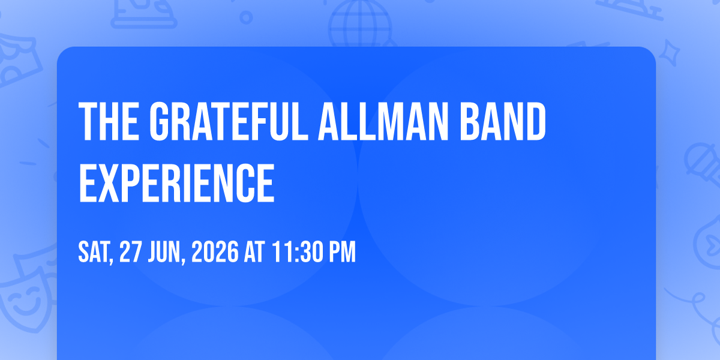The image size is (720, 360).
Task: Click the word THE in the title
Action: [x=109, y=121]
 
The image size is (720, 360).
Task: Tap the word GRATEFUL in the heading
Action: [x=229, y=121]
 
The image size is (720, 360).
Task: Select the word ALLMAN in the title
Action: [x=383, y=121]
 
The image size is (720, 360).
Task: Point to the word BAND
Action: [x=503, y=121]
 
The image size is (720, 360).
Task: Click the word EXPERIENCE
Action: [x=176, y=183]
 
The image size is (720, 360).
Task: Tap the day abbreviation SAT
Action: [x=95, y=253]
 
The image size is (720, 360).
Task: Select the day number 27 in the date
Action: [x=131, y=252]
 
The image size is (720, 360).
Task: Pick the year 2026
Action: [x=215, y=252]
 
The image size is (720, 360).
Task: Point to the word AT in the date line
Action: [x=254, y=252]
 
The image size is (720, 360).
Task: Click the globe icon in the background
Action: [x=361, y=23]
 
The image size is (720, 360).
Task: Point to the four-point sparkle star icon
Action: [x=669, y=53]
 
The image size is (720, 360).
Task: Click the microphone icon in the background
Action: [x=704, y=163]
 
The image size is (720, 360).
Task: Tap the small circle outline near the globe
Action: [x=246, y=17]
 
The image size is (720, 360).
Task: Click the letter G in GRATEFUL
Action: [x=159, y=121]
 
